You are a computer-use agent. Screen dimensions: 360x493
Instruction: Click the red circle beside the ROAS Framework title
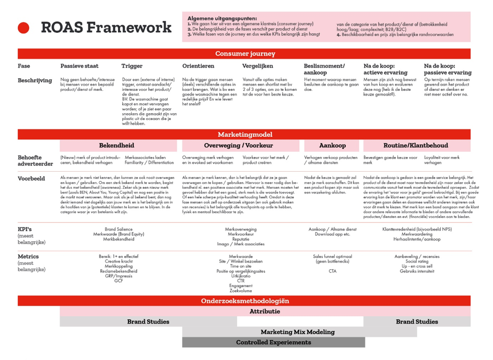[24, 27]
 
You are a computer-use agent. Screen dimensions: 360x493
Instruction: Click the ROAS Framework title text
[105, 27]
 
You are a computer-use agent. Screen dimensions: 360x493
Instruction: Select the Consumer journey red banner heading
[244, 54]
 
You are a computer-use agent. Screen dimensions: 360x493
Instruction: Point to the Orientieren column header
[198, 66]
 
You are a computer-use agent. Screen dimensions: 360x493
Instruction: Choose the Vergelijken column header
[258, 66]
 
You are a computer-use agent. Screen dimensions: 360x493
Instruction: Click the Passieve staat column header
[79, 66]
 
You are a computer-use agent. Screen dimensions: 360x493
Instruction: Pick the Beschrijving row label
[34, 80]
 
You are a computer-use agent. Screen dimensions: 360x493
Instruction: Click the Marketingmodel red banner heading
[244, 135]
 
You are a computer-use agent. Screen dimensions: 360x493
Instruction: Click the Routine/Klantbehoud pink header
[416, 146]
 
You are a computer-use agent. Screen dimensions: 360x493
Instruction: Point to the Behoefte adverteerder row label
[36, 160]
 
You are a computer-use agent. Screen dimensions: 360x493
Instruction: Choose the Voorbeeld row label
[31, 178]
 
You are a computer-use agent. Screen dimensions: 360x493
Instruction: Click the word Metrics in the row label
[28, 256]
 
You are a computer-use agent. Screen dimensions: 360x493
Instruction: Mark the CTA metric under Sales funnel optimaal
[332, 271]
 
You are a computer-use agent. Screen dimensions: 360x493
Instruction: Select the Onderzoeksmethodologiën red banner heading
[244, 301]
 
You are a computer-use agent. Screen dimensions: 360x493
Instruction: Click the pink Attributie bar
[265, 311]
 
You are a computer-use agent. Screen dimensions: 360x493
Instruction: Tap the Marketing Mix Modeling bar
[297, 332]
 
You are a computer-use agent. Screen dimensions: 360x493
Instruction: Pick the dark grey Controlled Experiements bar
[273, 342]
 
